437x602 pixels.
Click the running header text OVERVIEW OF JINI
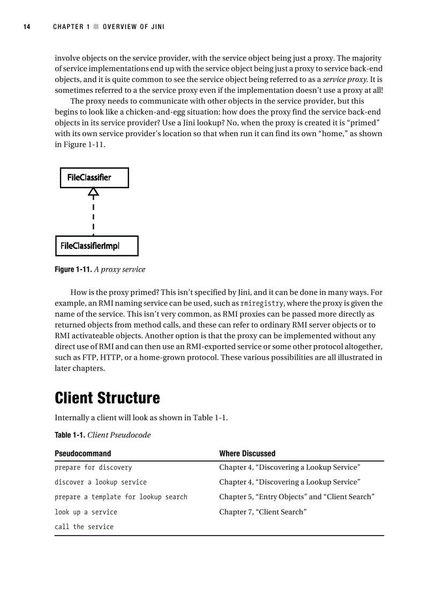pos(133,27)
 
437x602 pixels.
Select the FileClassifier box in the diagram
pos(94,177)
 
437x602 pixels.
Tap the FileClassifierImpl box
pos(97,246)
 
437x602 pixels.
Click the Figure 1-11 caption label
pos(73,270)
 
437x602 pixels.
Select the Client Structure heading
pos(107,398)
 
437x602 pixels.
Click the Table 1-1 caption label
pos(70,435)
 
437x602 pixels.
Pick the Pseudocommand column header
pos(83,454)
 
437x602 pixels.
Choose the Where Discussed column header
pos(247,454)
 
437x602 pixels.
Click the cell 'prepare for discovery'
pos(93,467)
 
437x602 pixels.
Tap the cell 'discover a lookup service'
pos(101,482)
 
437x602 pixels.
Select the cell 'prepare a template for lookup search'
pos(121,497)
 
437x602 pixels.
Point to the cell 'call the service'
pos(84,527)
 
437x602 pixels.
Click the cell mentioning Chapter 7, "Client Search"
pos(262,512)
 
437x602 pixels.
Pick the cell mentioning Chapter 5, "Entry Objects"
pos(296,497)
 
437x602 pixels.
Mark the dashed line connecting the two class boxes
pos(94,217)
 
